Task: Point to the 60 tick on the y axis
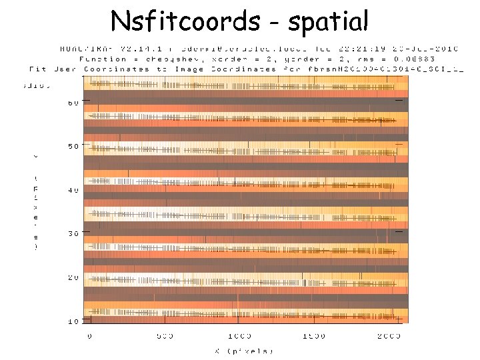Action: [x=73, y=103]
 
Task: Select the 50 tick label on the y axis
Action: [x=73, y=146]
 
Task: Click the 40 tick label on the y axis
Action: [x=73, y=190]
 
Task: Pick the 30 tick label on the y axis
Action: [x=73, y=234]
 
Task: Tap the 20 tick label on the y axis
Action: [x=73, y=277]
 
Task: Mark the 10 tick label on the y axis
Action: [x=73, y=321]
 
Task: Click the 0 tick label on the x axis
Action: [x=90, y=336]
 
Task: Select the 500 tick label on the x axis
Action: [x=164, y=336]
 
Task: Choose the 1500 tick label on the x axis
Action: [x=315, y=336]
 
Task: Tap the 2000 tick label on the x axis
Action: [x=389, y=336]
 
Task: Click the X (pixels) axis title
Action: [x=243, y=351]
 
